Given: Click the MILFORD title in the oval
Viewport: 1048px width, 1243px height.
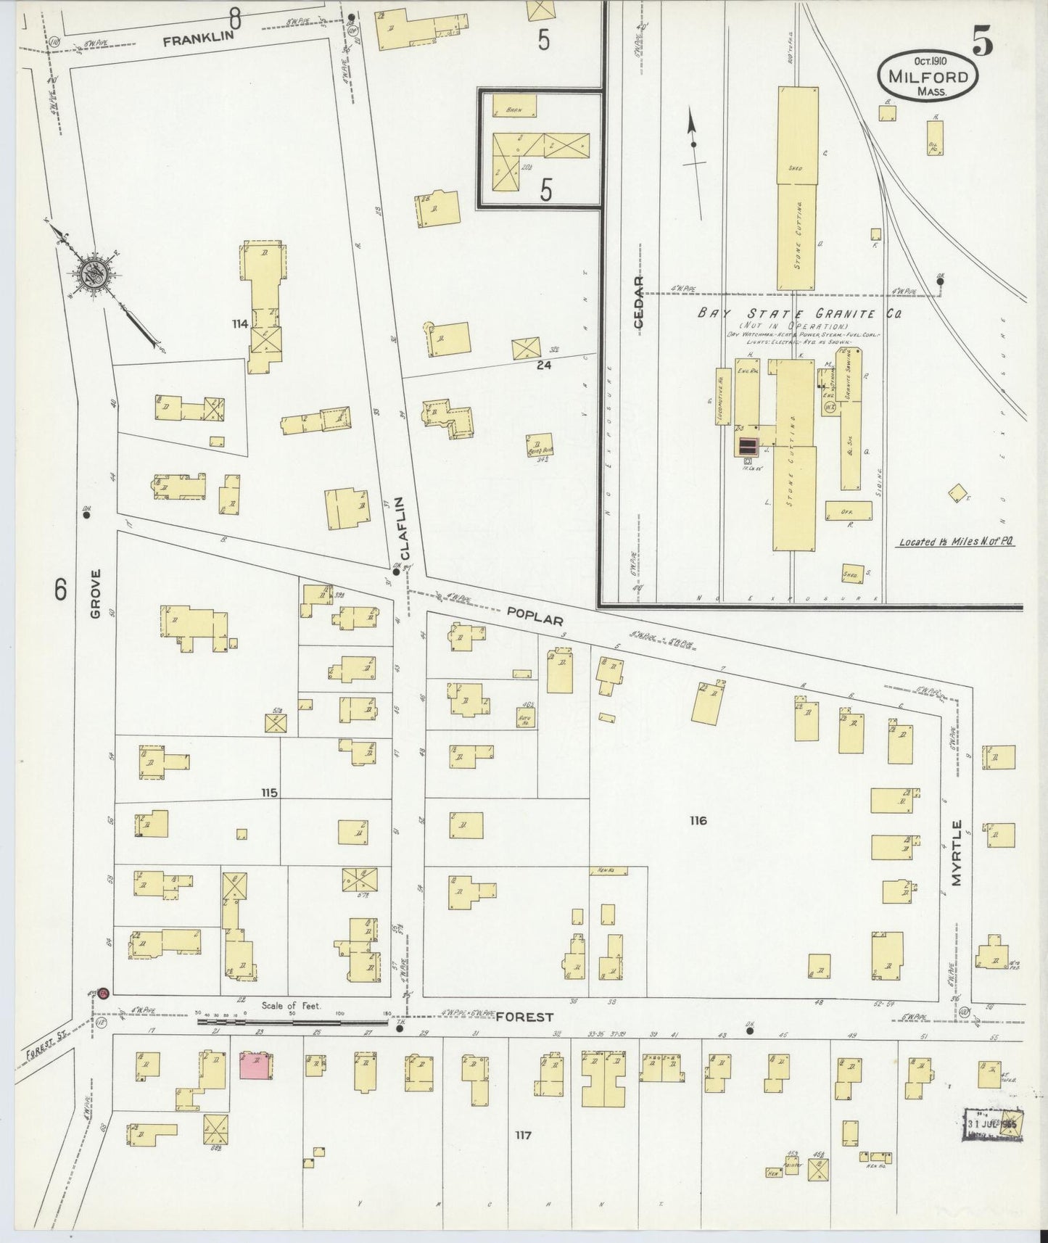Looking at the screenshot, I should (928, 76).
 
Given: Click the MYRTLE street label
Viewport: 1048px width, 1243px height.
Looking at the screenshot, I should (957, 853).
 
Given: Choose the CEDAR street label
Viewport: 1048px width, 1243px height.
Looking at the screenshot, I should (638, 302).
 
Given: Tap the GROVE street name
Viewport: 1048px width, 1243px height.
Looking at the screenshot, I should (96, 594).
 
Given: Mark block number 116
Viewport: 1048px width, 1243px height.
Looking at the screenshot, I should (698, 820).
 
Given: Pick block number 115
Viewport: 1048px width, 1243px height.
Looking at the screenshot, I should (269, 793).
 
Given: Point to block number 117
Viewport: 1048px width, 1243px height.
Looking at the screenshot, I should (523, 1135).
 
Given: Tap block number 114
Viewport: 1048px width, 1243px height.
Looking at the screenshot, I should (240, 323).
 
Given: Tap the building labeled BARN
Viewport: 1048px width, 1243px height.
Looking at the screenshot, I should (514, 106).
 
